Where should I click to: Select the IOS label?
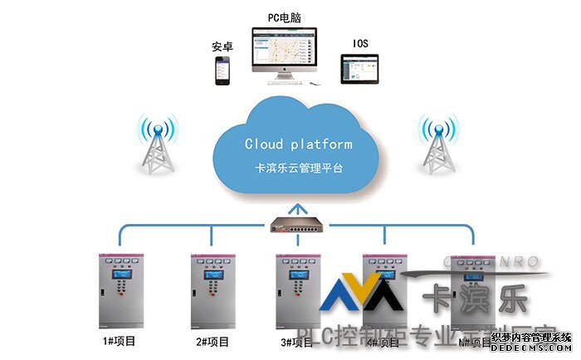pyautogui.click(x=360, y=43)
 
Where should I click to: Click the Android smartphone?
pyautogui.click(x=222, y=70)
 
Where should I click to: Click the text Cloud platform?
pyautogui.click(x=298, y=144)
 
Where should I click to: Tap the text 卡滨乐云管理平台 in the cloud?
pyautogui.click(x=298, y=168)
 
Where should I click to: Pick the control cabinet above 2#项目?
pyautogui.click(x=212, y=291)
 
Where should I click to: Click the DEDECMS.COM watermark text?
pyautogui.click(x=532, y=349)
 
